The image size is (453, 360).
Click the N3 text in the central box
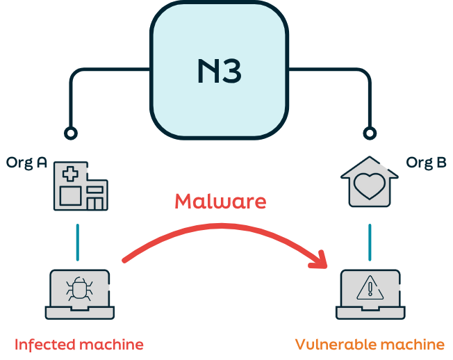(x=219, y=71)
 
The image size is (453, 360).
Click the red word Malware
(x=220, y=201)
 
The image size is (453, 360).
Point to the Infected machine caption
(x=79, y=344)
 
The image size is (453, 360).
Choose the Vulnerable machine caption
(x=370, y=344)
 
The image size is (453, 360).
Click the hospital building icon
(x=82, y=187)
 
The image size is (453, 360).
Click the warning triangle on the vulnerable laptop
(x=370, y=288)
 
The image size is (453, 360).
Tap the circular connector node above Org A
(x=70, y=132)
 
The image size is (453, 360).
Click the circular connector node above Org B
(x=370, y=132)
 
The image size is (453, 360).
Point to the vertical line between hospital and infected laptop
(x=78, y=240)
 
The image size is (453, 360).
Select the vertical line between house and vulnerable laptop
(x=369, y=242)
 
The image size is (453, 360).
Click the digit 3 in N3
(x=232, y=71)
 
